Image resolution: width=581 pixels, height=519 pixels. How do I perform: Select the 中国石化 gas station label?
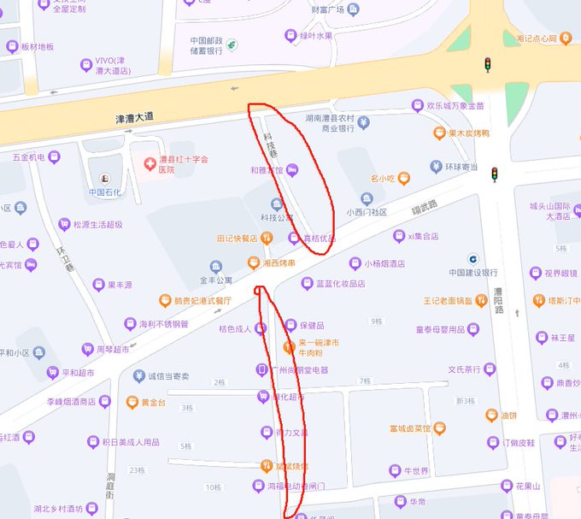(105, 192)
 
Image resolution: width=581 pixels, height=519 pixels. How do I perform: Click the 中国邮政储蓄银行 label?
(206, 45)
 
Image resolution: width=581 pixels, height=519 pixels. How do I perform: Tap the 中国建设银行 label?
(473, 273)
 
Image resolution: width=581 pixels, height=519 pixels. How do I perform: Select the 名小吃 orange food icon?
(403, 178)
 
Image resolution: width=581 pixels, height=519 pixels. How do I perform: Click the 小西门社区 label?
(367, 212)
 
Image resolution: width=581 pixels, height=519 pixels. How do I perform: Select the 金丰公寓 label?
(216, 280)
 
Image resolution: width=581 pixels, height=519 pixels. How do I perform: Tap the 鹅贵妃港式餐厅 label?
(202, 300)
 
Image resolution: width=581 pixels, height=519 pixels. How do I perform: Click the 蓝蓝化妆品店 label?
(340, 283)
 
